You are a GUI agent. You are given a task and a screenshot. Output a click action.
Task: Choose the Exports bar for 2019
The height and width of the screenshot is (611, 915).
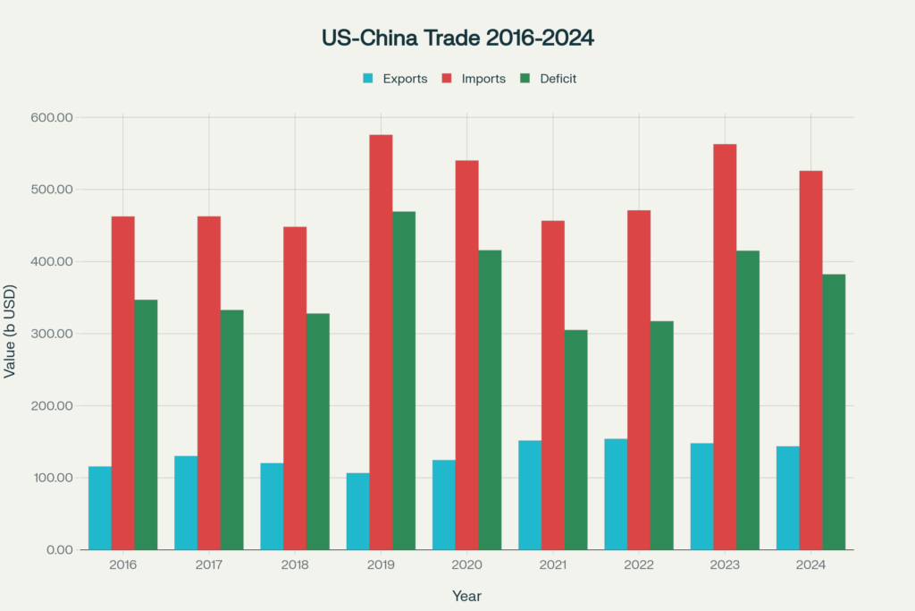click(357, 511)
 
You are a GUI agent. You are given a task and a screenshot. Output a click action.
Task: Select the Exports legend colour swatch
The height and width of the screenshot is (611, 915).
click(367, 79)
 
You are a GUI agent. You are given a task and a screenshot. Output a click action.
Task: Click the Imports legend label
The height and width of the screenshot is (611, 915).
click(483, 79)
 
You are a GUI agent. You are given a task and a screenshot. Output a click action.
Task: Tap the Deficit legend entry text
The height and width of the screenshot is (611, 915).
click(558, 79)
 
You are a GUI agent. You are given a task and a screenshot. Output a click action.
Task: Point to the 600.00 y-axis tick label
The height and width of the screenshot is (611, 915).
click(51, 117)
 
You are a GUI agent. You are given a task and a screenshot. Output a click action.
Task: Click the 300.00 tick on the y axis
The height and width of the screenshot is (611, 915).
click(51, 334)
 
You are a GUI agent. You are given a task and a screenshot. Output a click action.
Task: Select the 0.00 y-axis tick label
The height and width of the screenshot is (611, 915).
click(56, 549)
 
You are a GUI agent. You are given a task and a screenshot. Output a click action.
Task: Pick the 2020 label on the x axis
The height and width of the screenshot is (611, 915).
click(466, 565)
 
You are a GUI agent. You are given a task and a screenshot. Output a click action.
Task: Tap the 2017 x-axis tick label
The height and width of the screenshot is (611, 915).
click(209, 565)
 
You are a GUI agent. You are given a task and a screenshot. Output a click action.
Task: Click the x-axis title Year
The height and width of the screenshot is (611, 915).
click(466, 595)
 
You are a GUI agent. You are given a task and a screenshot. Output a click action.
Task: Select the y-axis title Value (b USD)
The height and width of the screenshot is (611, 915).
click(10, 334)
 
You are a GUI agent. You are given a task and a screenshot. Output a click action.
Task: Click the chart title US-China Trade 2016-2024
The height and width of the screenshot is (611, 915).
click(457, 38)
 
